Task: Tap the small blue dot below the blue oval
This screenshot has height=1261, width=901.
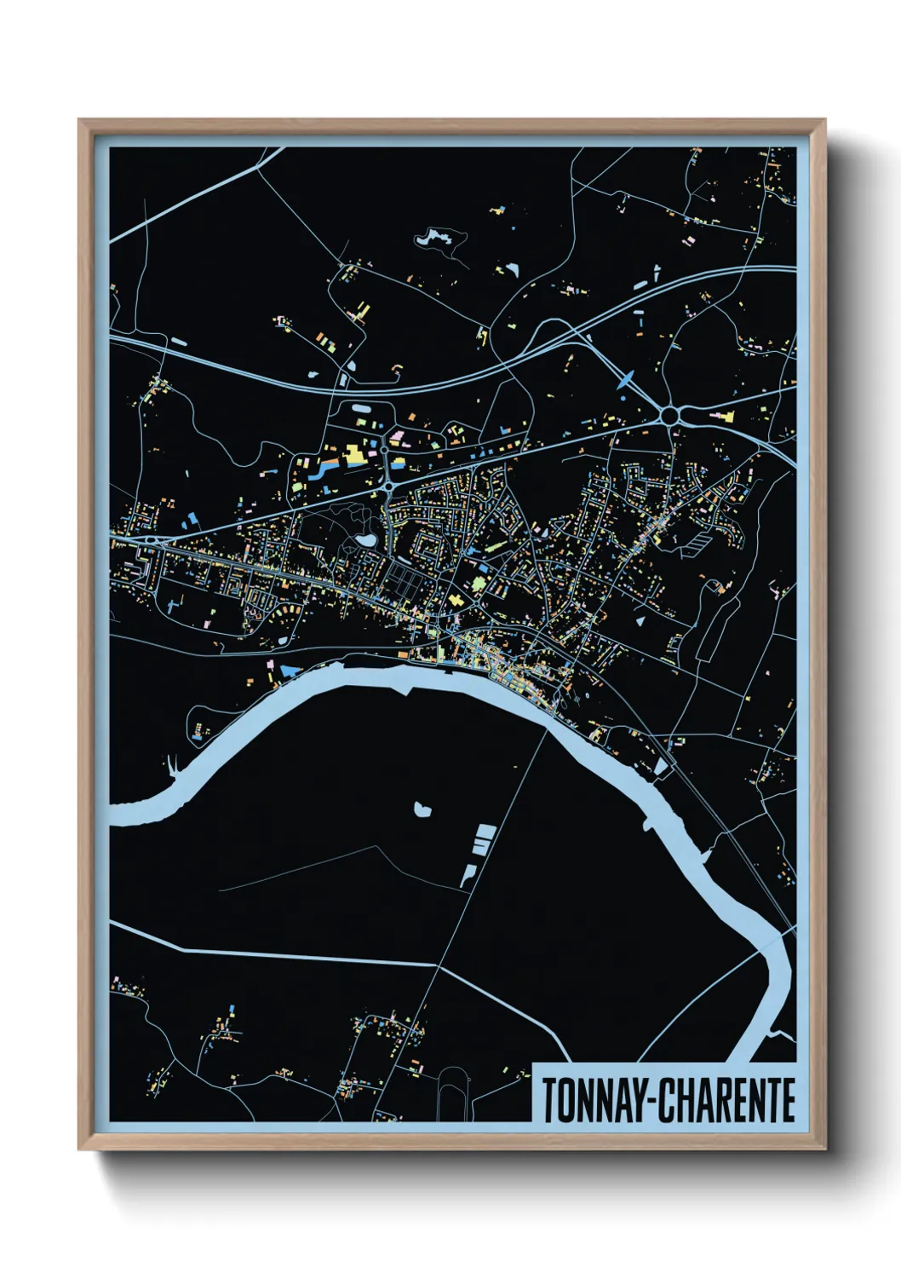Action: point(623,397)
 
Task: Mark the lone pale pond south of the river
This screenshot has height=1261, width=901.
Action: point(421,809)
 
